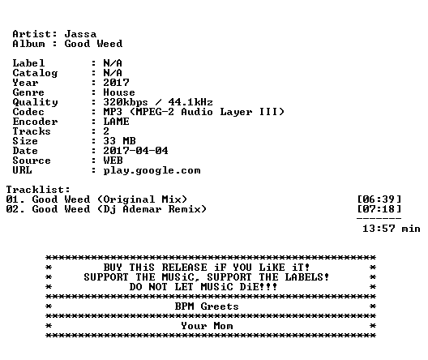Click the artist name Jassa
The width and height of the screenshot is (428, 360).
coord(80,34)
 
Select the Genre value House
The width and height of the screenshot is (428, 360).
coord(119,92)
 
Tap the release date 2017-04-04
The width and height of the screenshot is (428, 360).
coord(135,151)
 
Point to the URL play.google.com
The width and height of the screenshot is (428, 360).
coord(152,170)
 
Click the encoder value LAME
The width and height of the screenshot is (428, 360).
coord(116,122)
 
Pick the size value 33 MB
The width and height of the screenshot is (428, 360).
coord(119,141)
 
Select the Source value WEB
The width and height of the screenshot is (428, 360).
coord(113,161)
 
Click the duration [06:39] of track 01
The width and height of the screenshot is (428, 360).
coord(379,199)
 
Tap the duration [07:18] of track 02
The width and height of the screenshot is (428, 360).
coord(379,209)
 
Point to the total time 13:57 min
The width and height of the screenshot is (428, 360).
coord(392,229)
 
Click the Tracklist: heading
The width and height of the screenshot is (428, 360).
coord(38,190)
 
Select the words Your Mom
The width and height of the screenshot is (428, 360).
coord(207,326)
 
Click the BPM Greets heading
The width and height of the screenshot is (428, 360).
coord(207,306)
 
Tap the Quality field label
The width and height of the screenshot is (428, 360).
coord(35,102)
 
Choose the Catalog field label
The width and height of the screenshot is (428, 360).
coord(35,73)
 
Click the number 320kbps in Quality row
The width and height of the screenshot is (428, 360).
coord(126,102)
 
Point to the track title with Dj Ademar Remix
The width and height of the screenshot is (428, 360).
coord(119,209)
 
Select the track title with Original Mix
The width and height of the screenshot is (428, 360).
coord(109,199)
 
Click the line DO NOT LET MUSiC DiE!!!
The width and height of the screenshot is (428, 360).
coord(203,287)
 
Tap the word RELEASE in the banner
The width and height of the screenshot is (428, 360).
coord(184,268)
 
